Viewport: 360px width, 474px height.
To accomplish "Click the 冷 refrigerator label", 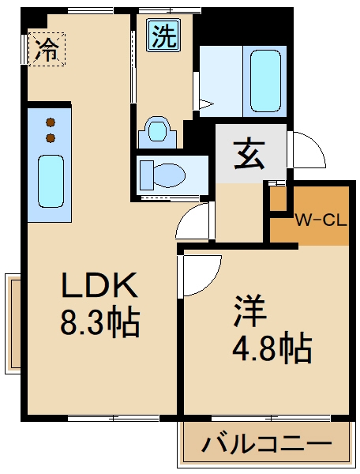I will pyautogui.click(x=48, y=51).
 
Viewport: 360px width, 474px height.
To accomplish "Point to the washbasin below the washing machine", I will pyautogui.click(x=157, y=130).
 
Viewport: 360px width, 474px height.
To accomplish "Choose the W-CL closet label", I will pyautogui.click(x=321, y=220).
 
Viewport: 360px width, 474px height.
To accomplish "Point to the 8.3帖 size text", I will pyautogui.click(x=100, y=322).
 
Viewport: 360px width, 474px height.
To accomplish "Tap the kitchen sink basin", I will pyautogui.click(x=51, y=180).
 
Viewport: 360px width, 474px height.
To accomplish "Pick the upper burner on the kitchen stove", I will pyautogui.click(x=51, y=122).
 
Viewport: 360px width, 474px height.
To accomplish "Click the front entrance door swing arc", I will pyautogui.click(x=307, y=149).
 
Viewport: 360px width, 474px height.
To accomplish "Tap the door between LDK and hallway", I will pyautogui.click(x=194, y=221).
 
